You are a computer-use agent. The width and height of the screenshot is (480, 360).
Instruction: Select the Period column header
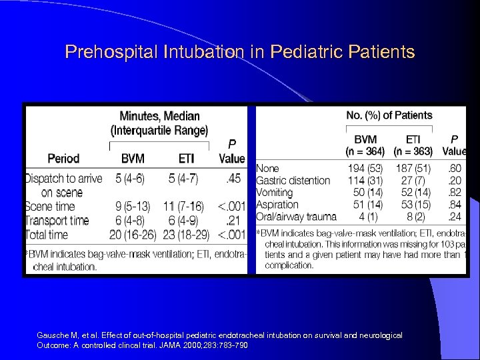tap(63, 159)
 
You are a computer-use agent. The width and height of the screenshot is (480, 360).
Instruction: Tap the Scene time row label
tap(53, 207)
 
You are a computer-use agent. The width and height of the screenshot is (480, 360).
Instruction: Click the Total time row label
tap(47, 235)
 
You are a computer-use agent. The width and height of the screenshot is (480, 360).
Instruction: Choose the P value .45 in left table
tap(232, 179)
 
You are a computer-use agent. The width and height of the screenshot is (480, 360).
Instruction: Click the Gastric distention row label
tap(293, 180)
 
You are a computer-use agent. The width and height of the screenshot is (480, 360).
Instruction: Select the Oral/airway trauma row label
tap(297, 216)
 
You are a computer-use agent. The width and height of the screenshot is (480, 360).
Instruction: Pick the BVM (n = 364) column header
tap(365, 145)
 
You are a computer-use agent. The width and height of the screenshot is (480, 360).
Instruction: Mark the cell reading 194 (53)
tap(365, 168)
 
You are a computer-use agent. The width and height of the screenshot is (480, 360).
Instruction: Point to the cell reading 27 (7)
tap(413, 180)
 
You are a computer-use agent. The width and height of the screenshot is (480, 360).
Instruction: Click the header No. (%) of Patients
tap(389, 116)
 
